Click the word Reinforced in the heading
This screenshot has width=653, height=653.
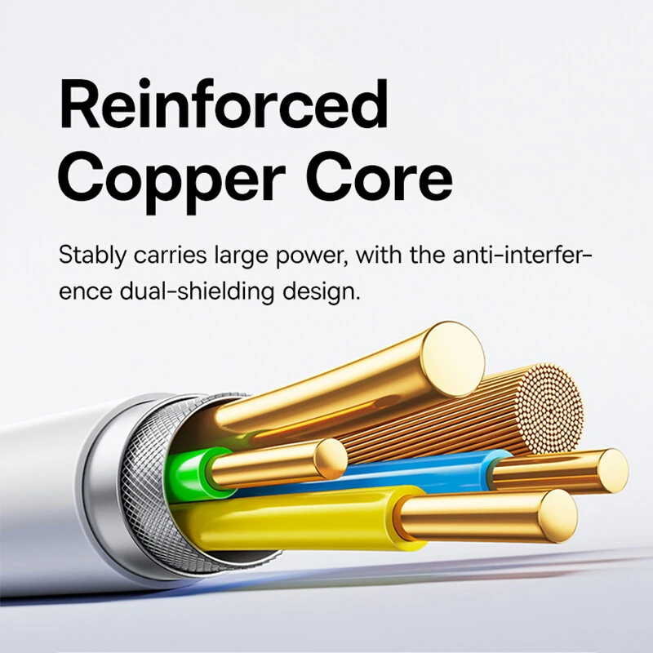click(223, 106)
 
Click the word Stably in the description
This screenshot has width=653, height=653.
click(90, 255)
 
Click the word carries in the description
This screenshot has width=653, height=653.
click(162, 255)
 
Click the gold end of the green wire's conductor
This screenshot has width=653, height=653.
click(331, 459)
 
